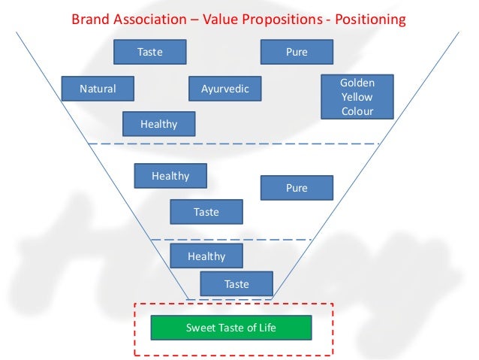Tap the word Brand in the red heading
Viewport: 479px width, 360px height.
89,19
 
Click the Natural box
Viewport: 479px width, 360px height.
98,89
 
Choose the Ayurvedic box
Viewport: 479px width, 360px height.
225,89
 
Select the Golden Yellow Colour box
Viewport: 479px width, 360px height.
357,97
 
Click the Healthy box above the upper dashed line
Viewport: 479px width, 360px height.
158,124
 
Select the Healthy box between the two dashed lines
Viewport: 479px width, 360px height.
170,176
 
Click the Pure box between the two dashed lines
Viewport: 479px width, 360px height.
297,188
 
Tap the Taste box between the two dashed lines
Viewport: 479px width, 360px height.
206,212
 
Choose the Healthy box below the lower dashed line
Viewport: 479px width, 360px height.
206,256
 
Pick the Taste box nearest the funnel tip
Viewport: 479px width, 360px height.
236,284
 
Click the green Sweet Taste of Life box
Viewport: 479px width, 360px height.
230,328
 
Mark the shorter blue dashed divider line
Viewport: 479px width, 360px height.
231,239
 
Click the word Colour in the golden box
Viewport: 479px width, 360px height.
357,111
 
